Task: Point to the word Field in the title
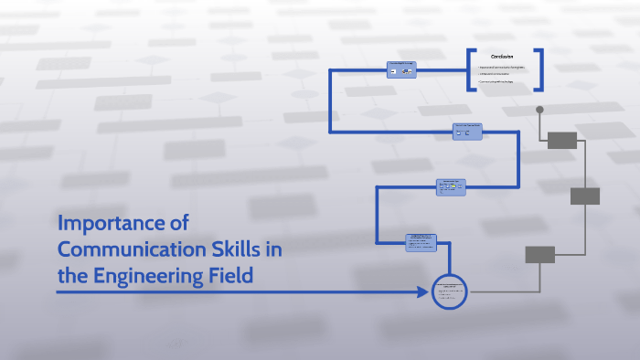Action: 229,274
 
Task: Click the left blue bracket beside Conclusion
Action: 471,69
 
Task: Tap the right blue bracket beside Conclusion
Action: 539,69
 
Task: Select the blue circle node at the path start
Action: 448,292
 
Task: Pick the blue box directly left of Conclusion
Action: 400,69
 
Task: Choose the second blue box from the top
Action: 467,132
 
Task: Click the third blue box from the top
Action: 451,186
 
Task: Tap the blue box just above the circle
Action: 421,242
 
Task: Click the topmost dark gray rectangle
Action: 561,140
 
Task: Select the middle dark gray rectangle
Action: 584,196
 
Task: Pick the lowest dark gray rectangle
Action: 539,254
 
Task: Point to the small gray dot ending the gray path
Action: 539,111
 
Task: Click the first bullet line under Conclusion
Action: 503,67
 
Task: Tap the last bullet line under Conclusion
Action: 498,81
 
